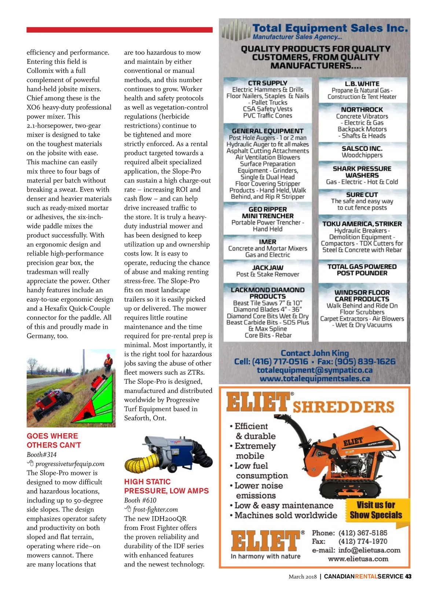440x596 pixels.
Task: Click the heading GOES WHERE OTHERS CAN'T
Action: (x=54, y=441)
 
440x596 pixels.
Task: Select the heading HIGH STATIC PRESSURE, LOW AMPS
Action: (x=166, y=486)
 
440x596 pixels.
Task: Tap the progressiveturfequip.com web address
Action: (x=70, y=464)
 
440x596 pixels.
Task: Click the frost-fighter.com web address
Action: (x=155, y=509)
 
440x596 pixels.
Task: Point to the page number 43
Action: (x=408, y=577)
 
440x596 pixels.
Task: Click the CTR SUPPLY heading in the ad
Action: (x=268, y=83)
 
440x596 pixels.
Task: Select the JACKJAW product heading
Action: (x=268, y=268)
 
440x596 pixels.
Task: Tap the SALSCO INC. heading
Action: (x=362, y=148)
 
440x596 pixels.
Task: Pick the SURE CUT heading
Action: (x=362, y=195)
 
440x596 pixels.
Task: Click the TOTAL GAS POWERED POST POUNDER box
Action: (x=362, y=270)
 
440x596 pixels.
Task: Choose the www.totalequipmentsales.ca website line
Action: (x=315, y=379)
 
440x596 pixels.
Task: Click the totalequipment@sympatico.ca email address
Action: (x=315, y=370)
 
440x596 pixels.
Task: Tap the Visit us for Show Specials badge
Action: (x=375, y=510)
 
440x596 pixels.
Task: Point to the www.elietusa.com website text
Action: (x=358, y=559)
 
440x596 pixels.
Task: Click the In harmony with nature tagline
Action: (x=265, y=556)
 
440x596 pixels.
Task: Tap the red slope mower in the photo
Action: (x=49, y=401)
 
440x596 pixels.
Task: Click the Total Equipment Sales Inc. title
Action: (x=330, y=28)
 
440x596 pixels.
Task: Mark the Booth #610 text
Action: (x=140, y=500)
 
